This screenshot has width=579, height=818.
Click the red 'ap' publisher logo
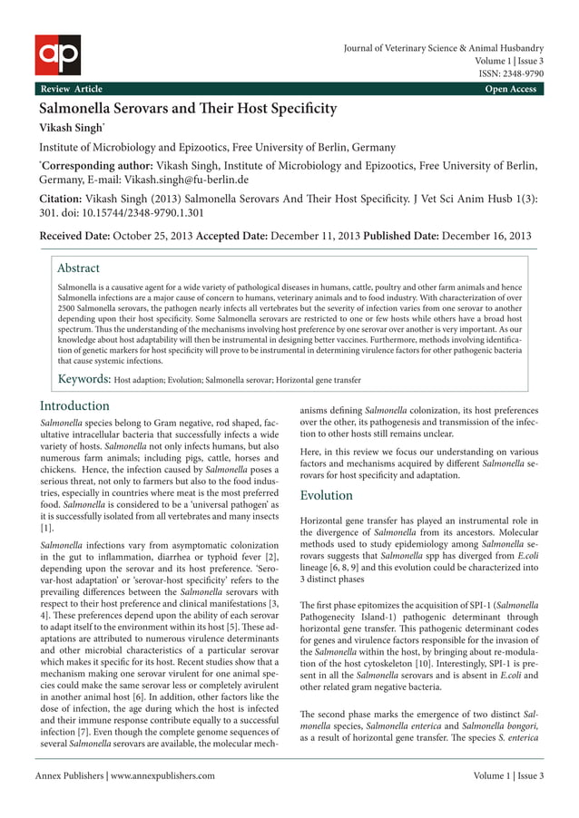point(58,54)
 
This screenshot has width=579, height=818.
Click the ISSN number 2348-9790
point(520,74)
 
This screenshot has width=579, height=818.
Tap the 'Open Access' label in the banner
point(510,89)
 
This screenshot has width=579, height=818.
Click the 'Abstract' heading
point(78,268)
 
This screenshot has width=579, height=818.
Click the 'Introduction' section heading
point(75,405)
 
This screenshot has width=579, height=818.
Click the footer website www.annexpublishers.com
point(162,776)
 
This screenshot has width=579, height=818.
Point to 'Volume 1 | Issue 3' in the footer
point(508,776)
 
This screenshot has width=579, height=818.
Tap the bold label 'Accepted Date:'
point(231,236)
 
